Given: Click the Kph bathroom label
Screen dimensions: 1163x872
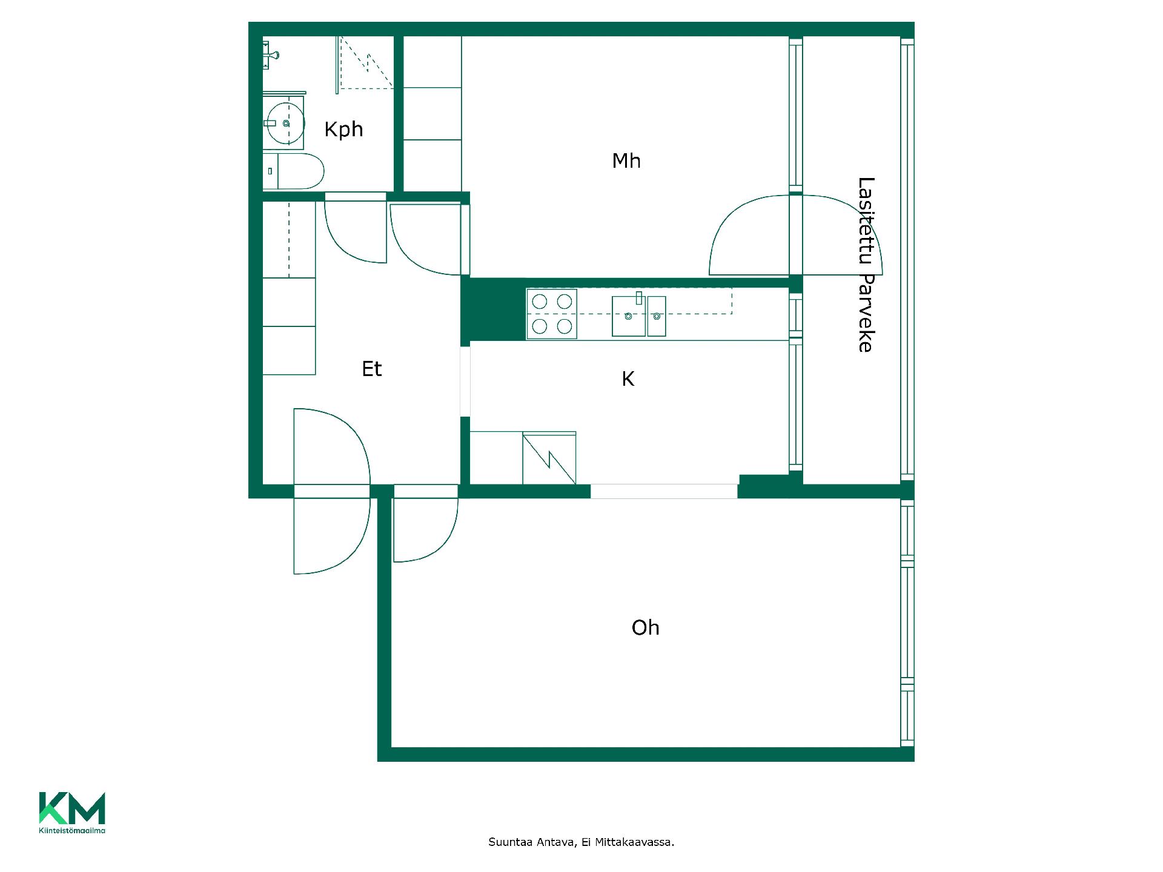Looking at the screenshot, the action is click(343, 130).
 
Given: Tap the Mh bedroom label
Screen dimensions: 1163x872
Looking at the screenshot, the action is click(626, 160).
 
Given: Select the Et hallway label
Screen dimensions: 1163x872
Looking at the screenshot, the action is click(372, 369).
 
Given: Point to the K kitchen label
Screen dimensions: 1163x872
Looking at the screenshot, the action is click(628, 379).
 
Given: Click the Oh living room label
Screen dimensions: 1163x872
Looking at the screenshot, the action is click(645, 627).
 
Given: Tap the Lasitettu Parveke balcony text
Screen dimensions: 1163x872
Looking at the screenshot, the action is click(866, 265).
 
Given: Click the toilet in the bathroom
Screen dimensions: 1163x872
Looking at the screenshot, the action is click(294, 171).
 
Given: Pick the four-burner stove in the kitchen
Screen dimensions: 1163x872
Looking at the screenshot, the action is click(552, 314).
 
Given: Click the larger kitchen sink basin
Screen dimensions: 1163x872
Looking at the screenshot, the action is click(629, 316).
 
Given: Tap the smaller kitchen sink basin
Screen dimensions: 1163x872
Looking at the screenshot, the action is click(657, 316).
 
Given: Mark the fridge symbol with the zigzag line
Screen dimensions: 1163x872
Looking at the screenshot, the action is click(549, 458).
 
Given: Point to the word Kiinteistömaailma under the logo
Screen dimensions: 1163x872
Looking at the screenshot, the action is click(72, 830).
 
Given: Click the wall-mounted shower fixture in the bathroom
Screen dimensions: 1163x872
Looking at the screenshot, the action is click(271, 55).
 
